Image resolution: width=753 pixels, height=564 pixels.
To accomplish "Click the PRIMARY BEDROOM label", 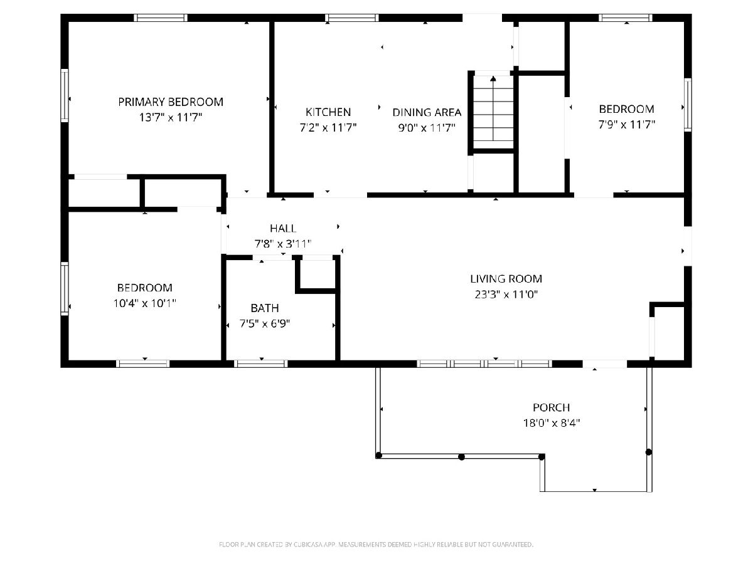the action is pos(171,102).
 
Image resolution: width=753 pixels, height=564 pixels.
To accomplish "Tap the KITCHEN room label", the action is pos(328,112).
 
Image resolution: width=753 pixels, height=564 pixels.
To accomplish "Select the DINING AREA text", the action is pos(427,112).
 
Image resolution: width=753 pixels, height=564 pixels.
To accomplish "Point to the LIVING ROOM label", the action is pos(506,279).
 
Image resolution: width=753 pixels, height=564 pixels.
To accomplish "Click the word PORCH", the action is pos(552,407).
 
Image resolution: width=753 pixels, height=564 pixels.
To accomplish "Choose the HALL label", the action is pos(283,228).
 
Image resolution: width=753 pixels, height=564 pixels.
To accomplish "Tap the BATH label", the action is pos(265,308).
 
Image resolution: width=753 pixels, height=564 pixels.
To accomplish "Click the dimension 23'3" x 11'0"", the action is pos(506,295).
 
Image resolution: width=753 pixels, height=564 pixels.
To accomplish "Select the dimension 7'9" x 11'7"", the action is pos(627,125).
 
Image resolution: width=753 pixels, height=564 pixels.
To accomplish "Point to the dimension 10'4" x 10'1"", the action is pos(145,303).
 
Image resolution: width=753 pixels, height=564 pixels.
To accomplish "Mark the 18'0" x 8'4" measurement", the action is pos(552,423).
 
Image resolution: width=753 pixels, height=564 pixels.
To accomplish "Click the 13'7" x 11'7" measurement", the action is pos(171,118).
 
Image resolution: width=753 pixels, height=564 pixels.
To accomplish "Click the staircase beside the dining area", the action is pos(493,112).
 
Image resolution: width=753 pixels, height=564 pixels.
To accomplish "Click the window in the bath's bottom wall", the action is pos(261,363).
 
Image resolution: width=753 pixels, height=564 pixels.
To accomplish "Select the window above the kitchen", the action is pos(352,18).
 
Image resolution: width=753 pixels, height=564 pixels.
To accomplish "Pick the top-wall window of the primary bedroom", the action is pos(161,18).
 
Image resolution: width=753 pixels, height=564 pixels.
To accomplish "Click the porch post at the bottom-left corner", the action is pos(379,456).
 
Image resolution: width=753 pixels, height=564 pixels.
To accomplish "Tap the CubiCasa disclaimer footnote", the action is pos(376,544).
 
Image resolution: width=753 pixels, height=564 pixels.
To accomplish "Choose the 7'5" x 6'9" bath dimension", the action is pos(265,323).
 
